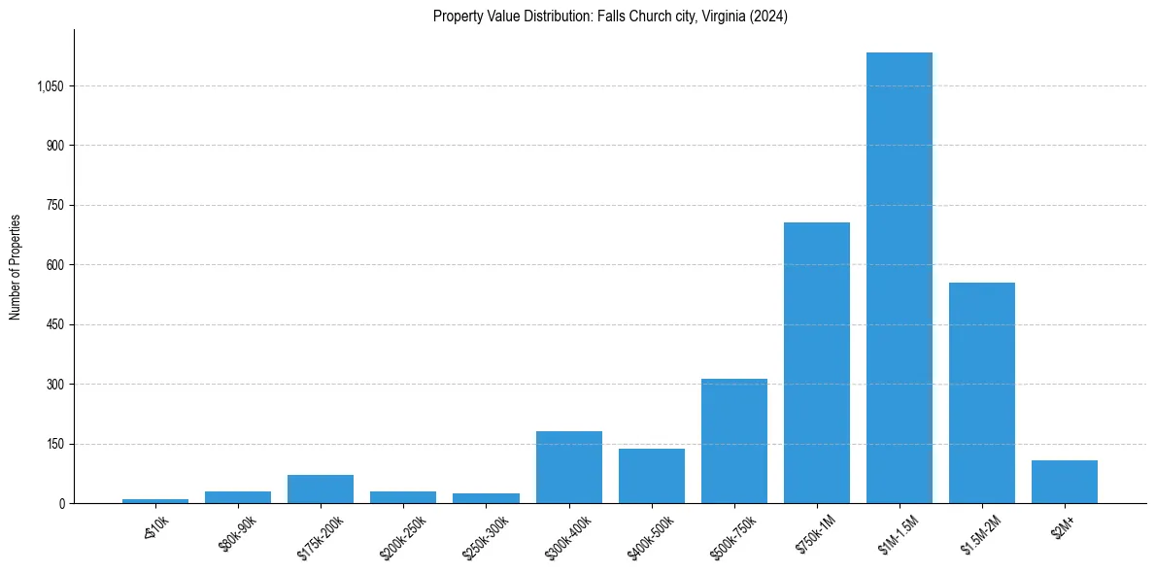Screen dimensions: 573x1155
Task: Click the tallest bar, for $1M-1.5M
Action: [x=899, y=278]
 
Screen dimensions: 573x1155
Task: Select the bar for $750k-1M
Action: [x=816, y=362]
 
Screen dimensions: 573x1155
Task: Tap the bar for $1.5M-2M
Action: [x=981, y=392]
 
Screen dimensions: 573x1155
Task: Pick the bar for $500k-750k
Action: [x=733, y=441]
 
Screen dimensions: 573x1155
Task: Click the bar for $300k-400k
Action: [x=568, y=467]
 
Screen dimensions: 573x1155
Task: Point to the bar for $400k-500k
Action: [x=651, y=476]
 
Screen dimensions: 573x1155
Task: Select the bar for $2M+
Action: [x=1064, y=482]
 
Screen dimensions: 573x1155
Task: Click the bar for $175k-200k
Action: [x=321, y=489]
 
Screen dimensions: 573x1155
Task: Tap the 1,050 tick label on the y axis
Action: [x=50, y=86]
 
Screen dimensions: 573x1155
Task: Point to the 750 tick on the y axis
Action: [x=54, y=206]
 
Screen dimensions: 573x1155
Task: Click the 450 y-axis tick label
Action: [x=54, y=325]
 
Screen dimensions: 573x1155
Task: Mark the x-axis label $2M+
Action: [x=1064, y=526]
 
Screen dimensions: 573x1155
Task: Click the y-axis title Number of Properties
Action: [x=16, y=266]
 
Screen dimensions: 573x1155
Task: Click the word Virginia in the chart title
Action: [x=718, y=17]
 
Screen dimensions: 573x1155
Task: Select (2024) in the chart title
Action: [x=767, y=17]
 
